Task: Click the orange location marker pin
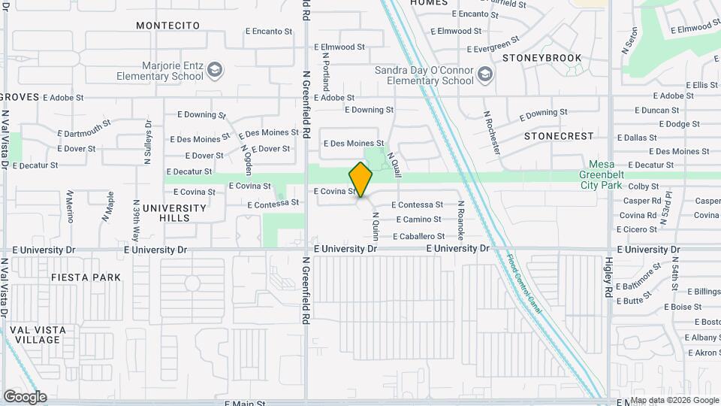(361, 179)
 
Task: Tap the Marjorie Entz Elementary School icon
(216, 70)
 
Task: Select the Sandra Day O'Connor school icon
(484, 74)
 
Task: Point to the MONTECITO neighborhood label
(168, 26)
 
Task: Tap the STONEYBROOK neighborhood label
(542, 57)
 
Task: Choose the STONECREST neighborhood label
(559, 136)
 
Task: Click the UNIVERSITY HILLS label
(174, 213)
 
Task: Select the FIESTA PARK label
(86, 277)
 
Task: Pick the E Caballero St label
(412, 236)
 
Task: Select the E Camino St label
(417, 220)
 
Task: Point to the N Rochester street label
(492, 132)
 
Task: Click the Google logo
(25, 396)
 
